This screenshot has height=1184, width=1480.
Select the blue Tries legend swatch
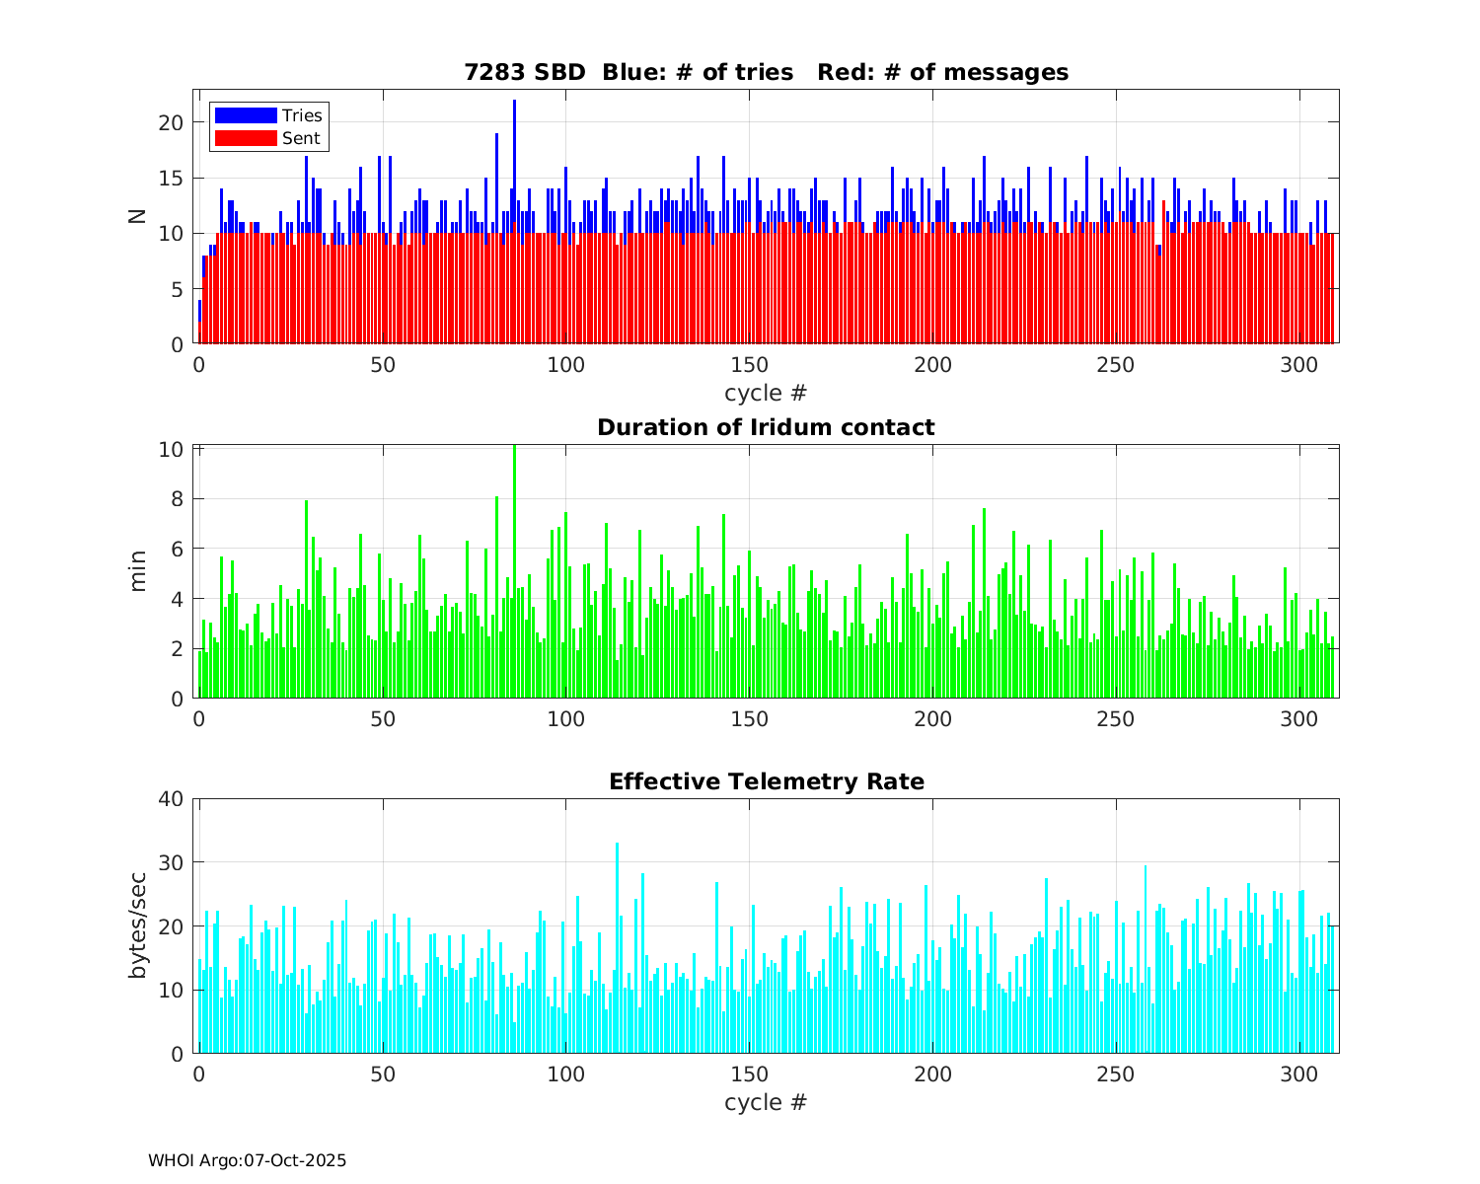(x=245, y=115)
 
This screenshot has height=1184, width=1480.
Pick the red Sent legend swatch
(x=245, y=138)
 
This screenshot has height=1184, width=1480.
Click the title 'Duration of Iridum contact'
(x=766, y=427)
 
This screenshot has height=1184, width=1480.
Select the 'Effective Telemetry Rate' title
(x=766, y=781)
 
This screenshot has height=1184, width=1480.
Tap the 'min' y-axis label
(x=138, y=571)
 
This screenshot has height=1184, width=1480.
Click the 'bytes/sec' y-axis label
(x=138, y=925)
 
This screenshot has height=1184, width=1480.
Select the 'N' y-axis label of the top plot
(x=138, y=216)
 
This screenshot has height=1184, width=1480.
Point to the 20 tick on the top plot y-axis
(x=173, y=122)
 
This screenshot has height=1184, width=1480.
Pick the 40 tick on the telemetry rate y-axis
(x=173, y=798)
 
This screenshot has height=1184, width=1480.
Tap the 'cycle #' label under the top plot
(x=766, y=393)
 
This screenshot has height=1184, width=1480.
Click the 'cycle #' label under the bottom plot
(x=766, y=1101)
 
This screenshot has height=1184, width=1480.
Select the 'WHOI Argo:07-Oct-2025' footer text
(x=247, y=1160)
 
